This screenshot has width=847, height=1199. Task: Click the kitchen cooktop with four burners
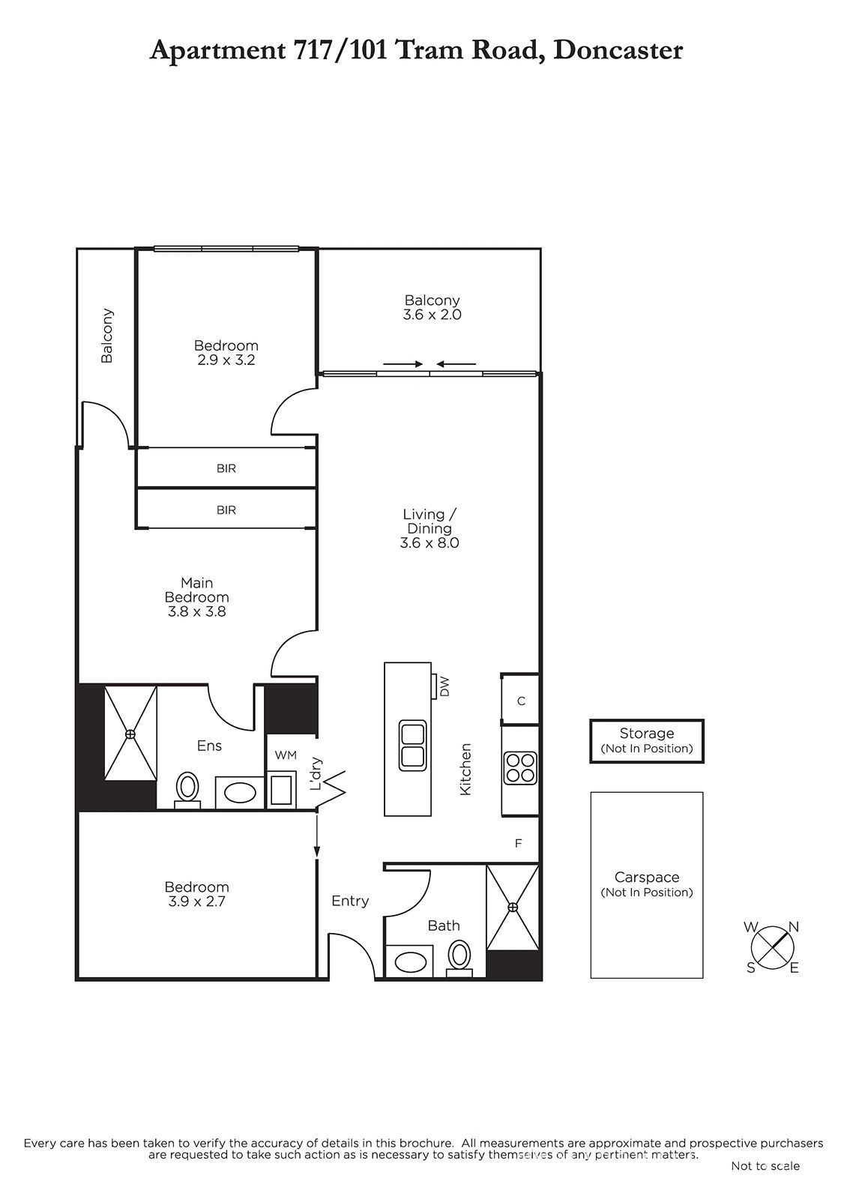pos(520,768)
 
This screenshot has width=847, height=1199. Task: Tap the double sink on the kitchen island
pos(413,746)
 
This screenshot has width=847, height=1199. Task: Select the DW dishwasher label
pos(444,686)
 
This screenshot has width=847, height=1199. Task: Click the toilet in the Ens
pos(187,790)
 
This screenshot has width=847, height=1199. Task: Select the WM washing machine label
pos(286,755)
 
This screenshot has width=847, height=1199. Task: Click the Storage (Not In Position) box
pos(646,741)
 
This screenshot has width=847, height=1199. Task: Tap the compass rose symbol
pos(773,947)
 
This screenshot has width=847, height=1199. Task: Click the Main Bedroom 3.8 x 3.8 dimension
pos(197,611)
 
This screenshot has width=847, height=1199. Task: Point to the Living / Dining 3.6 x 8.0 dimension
pos(429,543)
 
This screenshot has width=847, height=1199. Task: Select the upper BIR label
pos(226,468)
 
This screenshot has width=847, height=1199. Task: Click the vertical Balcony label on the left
pos(107,336)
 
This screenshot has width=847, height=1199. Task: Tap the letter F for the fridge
pos(518,844)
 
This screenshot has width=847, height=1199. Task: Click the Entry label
pos(350,901)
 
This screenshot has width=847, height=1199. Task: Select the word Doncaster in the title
pos(618,50)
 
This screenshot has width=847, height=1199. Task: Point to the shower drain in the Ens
pos(130,734)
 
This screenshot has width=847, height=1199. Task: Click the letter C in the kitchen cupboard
pos(521,701)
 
